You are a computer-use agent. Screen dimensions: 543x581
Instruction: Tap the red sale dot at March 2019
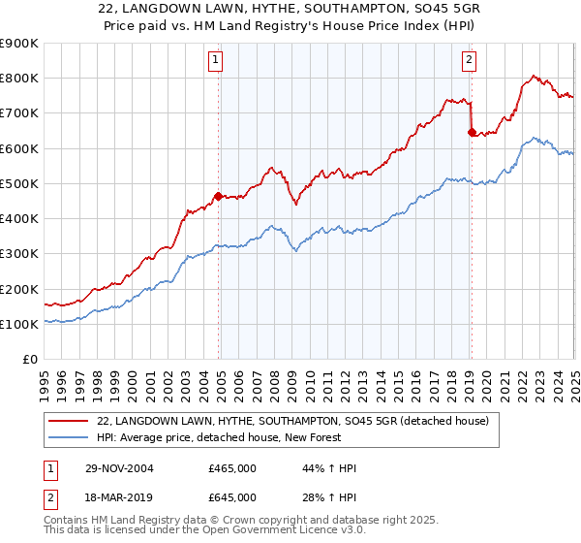(x=471, y=133)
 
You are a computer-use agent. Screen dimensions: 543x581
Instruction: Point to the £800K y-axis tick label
(x=18, y=79)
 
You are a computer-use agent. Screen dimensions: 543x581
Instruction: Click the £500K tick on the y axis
(x=18, y=183)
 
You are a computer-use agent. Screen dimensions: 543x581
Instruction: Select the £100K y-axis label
(x=18, y=324)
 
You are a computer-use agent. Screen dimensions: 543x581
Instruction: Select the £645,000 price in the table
(x=232, y=497)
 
